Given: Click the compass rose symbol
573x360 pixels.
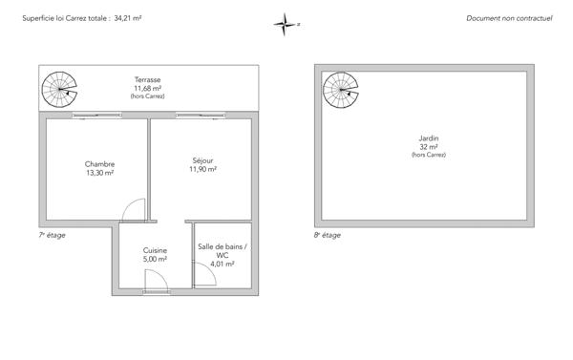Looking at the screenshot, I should point(285,24).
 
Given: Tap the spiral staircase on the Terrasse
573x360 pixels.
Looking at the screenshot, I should point(59,92).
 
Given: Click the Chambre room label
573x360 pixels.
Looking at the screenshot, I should point(99,164).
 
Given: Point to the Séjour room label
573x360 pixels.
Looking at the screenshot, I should point(202,159).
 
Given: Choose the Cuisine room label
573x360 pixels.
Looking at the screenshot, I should point(155,250).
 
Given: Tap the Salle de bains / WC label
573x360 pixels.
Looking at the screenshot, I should point(223,250).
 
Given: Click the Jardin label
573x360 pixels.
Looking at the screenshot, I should point(428,138).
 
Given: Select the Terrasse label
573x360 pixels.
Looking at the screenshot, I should point(147,80).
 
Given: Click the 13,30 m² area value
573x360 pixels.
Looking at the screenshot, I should point(99,174).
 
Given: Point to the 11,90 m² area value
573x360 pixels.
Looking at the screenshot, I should point(202,169).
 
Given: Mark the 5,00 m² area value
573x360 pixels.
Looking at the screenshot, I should point(155,259).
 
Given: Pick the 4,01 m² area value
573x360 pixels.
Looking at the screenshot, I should point(223,264).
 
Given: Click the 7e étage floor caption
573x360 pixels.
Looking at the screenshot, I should point(53,234).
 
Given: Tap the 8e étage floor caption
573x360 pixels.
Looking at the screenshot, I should point(328,234).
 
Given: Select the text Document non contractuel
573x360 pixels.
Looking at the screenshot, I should point(509,18).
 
